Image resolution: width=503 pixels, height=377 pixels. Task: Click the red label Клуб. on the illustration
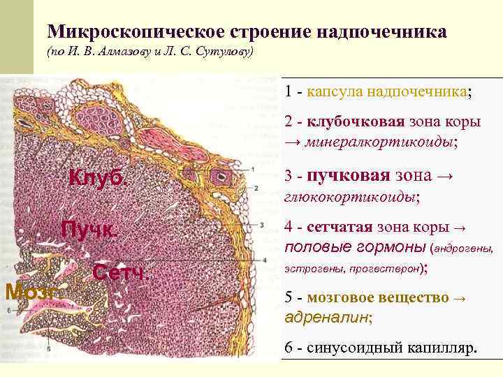click(99, 178)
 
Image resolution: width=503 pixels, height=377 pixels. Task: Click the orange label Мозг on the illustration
click(29, 290)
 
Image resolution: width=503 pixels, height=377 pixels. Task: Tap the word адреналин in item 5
click(328, 316)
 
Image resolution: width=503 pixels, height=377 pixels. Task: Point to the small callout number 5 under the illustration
click(49, 347)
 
